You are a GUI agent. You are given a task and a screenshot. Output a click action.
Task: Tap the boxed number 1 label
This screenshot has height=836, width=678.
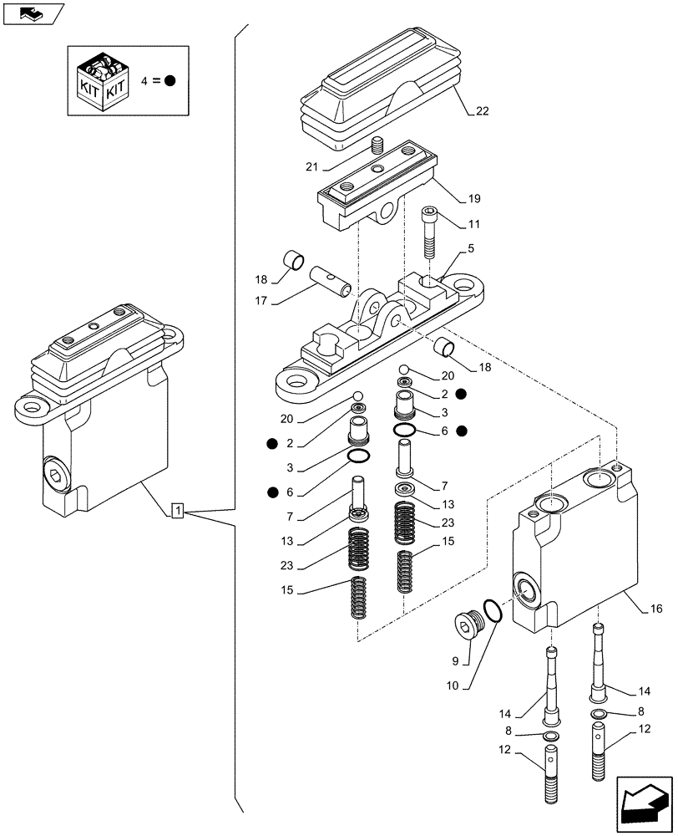coord(178,510)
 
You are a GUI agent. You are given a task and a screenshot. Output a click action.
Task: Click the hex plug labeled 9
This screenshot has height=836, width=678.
coord(463,625)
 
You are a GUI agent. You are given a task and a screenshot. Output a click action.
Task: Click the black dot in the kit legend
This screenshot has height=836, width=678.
coord(169,81)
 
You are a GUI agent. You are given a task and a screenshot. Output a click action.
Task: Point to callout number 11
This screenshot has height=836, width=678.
coord(473,224)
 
